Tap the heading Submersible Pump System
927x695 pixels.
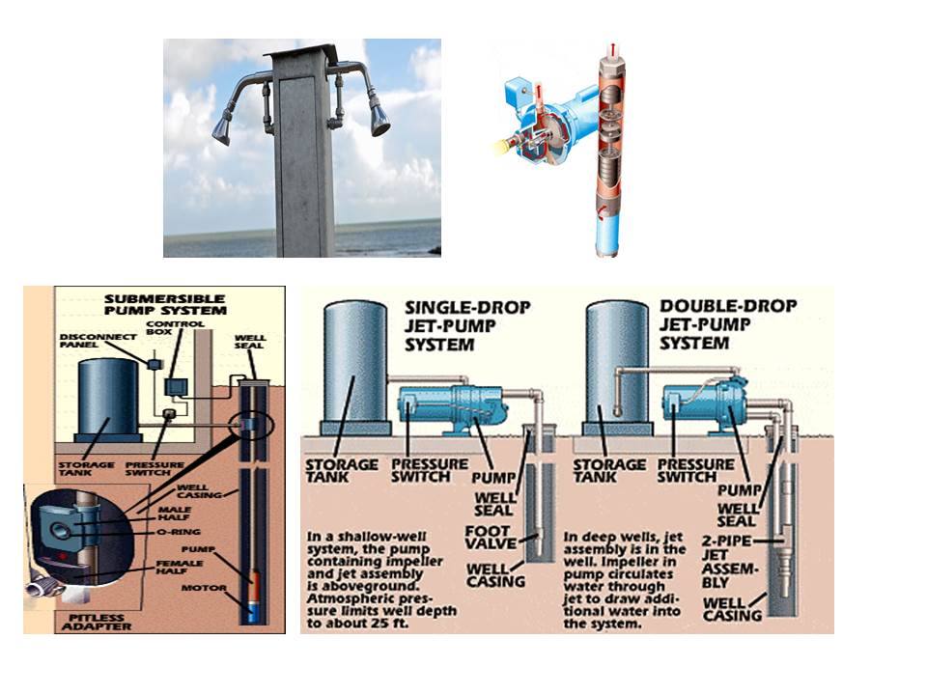click(165, 304)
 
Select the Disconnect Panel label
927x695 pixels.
click(98, 341)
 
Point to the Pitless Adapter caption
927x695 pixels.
click(97, 622)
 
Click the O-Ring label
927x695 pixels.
click(179, 532)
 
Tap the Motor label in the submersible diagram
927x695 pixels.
click(204, 588)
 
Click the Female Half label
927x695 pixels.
click(180, 568)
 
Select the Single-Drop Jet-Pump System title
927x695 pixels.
click(467, 325)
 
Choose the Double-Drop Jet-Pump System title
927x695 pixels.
click(728, 324)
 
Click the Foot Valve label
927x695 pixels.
click(491, 538)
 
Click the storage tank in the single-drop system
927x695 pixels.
click(355, 368)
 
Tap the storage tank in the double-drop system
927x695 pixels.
click(618, 368)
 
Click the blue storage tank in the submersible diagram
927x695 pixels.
click(109, 400)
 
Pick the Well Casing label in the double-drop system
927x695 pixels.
click(732, 609)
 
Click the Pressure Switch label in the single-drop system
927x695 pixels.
click(429, 470)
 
